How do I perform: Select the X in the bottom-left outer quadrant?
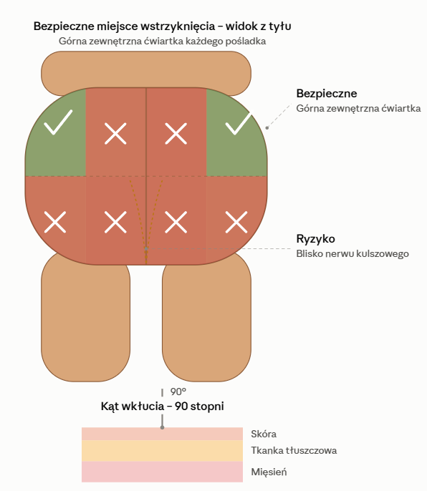coord(55,222)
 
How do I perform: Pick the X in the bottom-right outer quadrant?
coord(236,222)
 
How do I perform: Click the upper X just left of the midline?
coord(115,133)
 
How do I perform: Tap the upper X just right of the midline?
coord(176,133)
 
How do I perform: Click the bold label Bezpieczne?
coord(327,94)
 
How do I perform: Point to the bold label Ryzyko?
coord(315,239)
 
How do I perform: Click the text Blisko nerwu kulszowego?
coord(352,253)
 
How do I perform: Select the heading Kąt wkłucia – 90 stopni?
coord(162,406)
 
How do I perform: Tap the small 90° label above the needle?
coord(178,392)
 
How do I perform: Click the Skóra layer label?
coord(264,434)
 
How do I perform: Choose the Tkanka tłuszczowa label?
coord(294,451)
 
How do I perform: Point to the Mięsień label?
coord(269,472)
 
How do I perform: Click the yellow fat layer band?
coord(162,451)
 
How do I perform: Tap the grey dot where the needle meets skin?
coord(162,427)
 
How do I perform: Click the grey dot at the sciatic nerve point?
coord(146,248)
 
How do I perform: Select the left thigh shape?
coord(85,317)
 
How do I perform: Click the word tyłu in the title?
coord(278,26)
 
